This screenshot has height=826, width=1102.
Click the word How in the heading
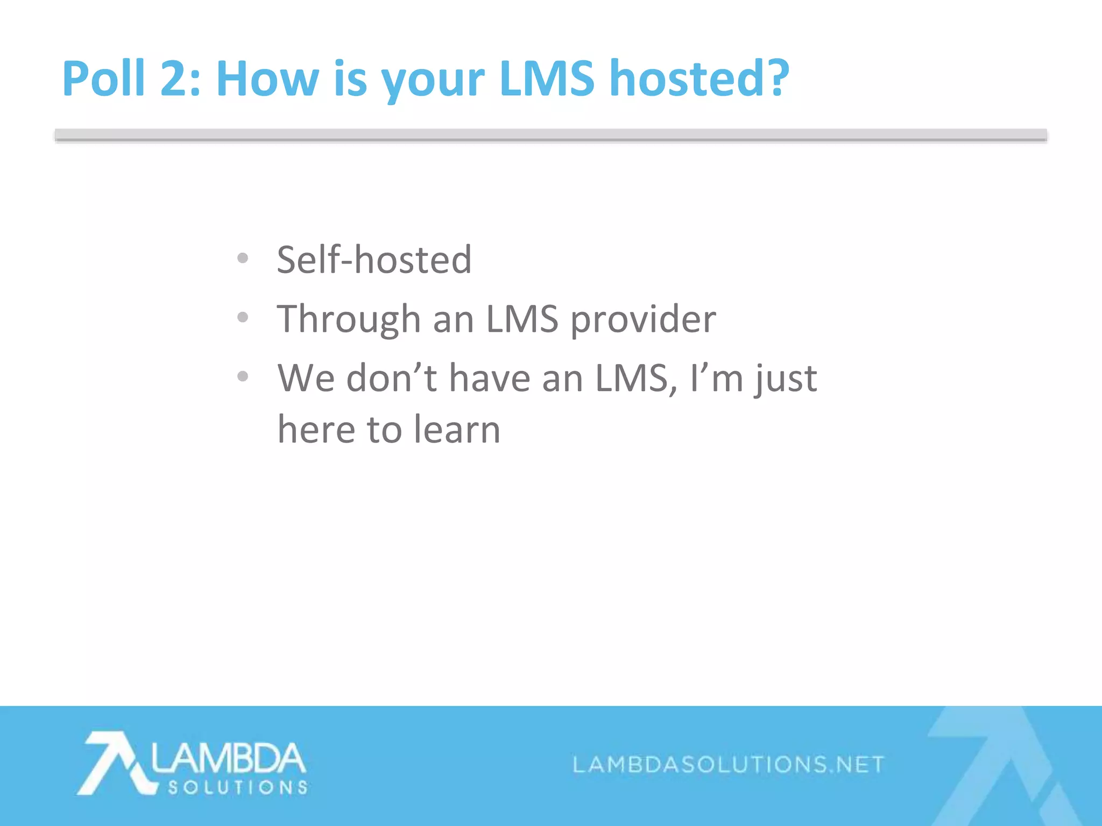tap(267, 79)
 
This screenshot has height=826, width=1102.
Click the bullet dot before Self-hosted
tap(243, 259)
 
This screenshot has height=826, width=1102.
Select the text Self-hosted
tap(374, 260)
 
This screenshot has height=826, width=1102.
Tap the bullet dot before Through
tap(243, 318)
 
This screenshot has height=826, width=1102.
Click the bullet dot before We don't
tap(243, 376)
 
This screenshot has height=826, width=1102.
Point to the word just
tap(785, 380)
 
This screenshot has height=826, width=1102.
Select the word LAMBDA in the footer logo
tap(228, 758)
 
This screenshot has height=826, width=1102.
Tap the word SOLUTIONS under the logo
tap(237, 788)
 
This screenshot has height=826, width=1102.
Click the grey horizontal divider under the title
tap(550, 135)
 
